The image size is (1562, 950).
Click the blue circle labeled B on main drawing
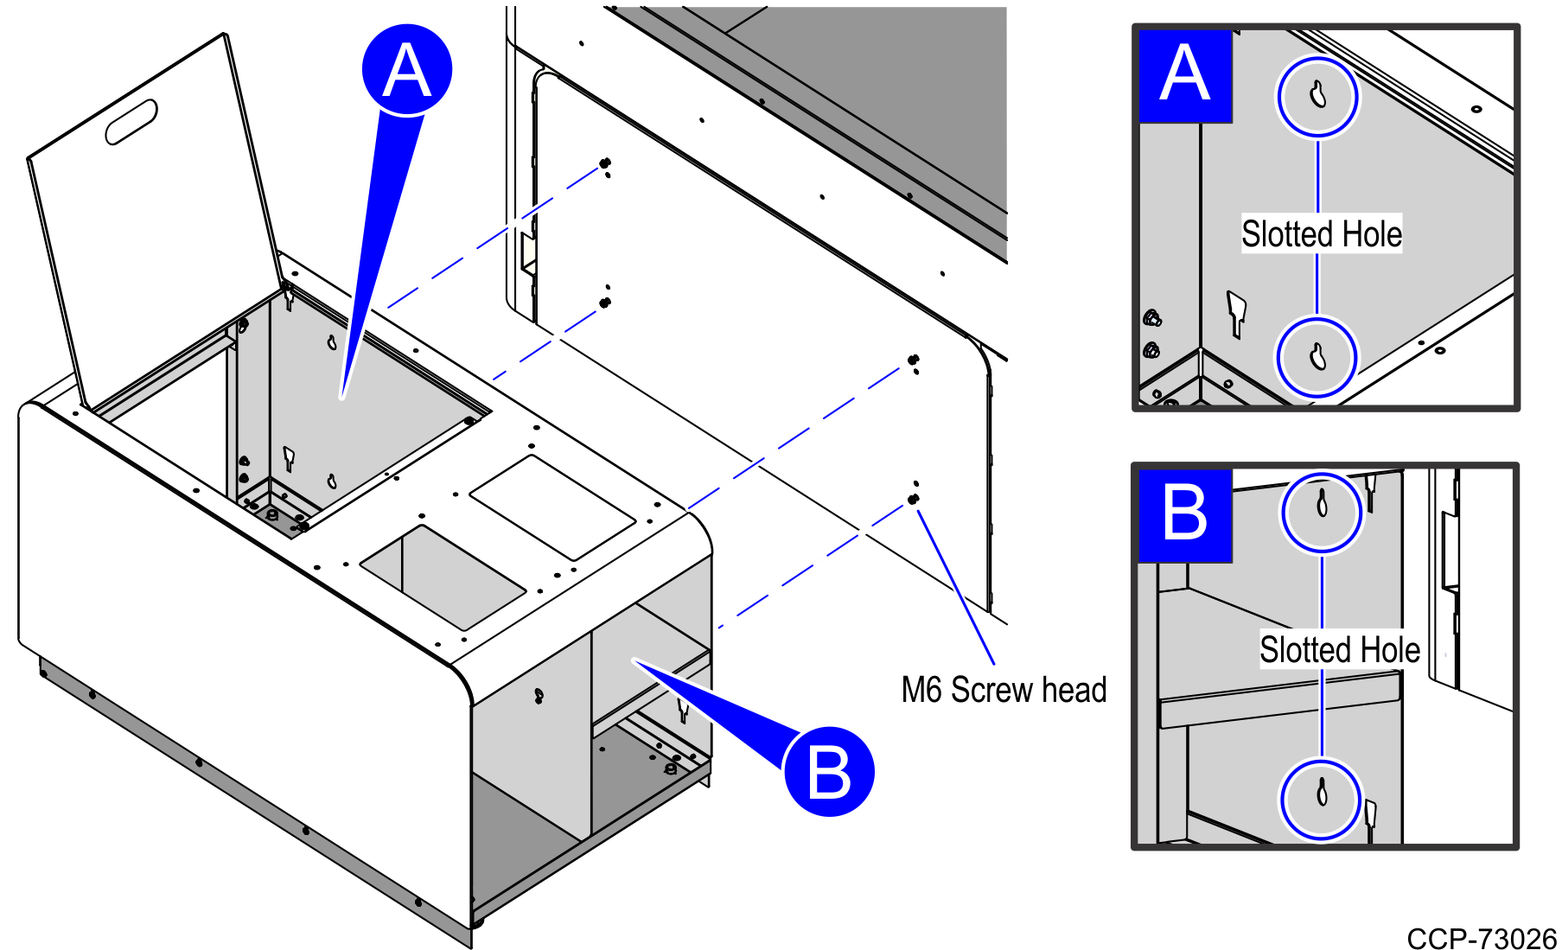click(828, 772)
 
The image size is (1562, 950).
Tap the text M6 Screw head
click(1003, 690)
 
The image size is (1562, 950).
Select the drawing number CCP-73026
click(1481, 938)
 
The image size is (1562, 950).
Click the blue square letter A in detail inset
click(1184, 76)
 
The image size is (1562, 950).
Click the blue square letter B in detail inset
click(1184, 514)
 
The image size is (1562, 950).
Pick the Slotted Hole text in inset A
click(1321, 234)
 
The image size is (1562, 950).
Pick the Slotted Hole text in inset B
click(1339, 650)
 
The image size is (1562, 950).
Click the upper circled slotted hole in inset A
click(1317, 96)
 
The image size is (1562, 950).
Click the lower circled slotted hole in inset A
click(1317, 357)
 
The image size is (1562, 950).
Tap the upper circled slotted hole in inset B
click(1321, 511)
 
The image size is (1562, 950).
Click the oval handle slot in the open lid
click(131, 123)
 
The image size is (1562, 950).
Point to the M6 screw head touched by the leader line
click(913, 500)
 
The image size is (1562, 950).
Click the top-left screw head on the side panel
click(605, 163)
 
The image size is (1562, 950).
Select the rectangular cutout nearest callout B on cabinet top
click(443, 577)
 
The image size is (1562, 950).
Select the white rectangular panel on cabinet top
click(553, 507)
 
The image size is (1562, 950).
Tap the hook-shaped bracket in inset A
click(1237, 313)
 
